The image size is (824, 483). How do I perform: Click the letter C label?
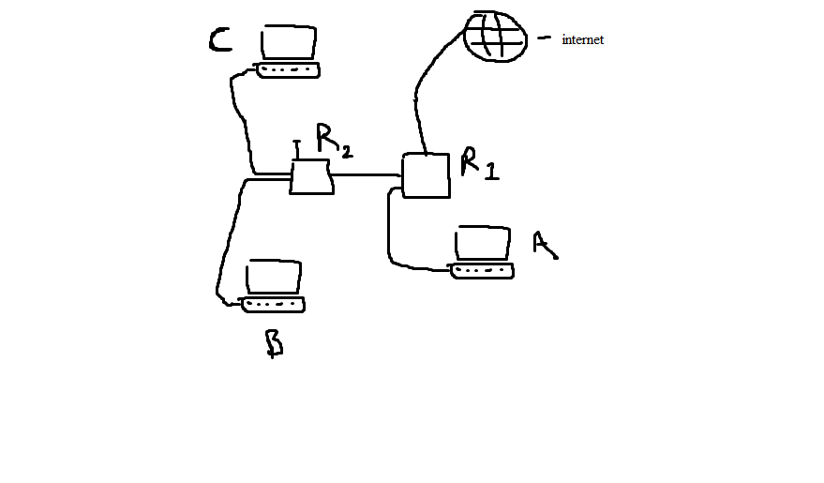(x=219, y=41)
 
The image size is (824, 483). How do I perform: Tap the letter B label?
(x=274, y=343)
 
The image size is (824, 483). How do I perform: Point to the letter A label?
(x=544, y=244)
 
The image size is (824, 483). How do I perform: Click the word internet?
(x=582, y=40)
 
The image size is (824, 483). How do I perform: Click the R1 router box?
(x=426, y=175)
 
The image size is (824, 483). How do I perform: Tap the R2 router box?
(x=311, y=176)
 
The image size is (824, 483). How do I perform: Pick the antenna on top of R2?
(x=297, y=149)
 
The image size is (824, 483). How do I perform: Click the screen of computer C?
(x=289, y=43)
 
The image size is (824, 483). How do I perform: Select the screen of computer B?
(x=274, y=278)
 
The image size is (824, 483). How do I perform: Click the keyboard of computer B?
(x=274, y=305)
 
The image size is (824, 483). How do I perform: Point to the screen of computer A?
(x=483, y=244)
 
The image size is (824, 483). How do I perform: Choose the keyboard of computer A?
(x=483, y=271)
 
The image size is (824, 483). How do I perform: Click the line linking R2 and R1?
(x=367, y=175)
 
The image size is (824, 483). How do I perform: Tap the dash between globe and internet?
(x=544, y=38)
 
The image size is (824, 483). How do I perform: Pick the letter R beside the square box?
(x=470, y=161)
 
